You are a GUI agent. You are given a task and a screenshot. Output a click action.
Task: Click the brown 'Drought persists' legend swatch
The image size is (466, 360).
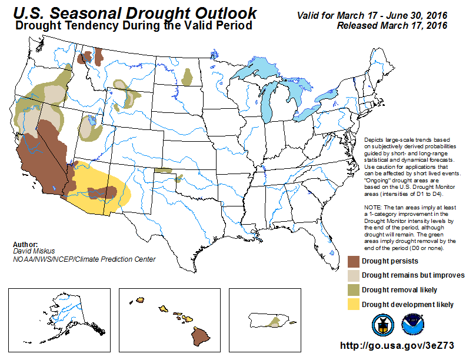tap(354, 261)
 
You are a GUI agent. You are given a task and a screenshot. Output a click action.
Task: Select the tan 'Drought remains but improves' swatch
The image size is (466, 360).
tap(354, 276)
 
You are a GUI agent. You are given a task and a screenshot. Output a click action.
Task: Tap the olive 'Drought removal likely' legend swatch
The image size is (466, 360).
tap(354, 290)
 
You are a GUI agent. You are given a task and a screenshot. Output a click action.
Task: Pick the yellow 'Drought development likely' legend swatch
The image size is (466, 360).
tap(354, 305)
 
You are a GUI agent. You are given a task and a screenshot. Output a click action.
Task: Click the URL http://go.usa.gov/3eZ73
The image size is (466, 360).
tap(397, 345)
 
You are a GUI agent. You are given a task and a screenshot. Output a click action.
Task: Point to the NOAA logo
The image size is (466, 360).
tap(412, 325)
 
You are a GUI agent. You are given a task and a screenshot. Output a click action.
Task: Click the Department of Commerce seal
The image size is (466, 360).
tap(383, 325)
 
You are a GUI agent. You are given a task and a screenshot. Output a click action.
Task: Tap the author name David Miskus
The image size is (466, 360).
tap(34, 251)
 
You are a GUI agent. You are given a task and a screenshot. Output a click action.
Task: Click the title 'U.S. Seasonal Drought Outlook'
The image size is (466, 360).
tap(135, 13)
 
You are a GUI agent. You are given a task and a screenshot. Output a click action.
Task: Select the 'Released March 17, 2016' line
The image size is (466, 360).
tap(392, 26)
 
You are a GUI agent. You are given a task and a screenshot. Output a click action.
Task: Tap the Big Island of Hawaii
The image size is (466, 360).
tap(201, 336)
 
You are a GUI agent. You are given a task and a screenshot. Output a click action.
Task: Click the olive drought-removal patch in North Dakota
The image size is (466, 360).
tap(187, 77)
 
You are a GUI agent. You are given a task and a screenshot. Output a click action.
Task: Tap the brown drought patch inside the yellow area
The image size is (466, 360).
tap(102, 192)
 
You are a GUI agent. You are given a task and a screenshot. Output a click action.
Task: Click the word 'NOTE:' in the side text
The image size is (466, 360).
tap(373, 207)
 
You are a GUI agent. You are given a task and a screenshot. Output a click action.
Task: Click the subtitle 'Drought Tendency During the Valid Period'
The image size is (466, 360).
tap(134, 25)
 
